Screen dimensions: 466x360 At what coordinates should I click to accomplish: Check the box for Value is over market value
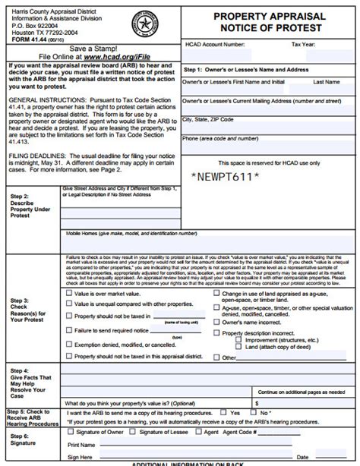(70, 292)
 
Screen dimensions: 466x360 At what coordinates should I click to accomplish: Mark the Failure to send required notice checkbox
(70, 330)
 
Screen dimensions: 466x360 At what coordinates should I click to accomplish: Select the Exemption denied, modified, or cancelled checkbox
(70, 343)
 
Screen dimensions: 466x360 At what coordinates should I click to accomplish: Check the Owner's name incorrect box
(216, 322)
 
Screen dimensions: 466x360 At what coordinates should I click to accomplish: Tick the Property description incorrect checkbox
(216, 332)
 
